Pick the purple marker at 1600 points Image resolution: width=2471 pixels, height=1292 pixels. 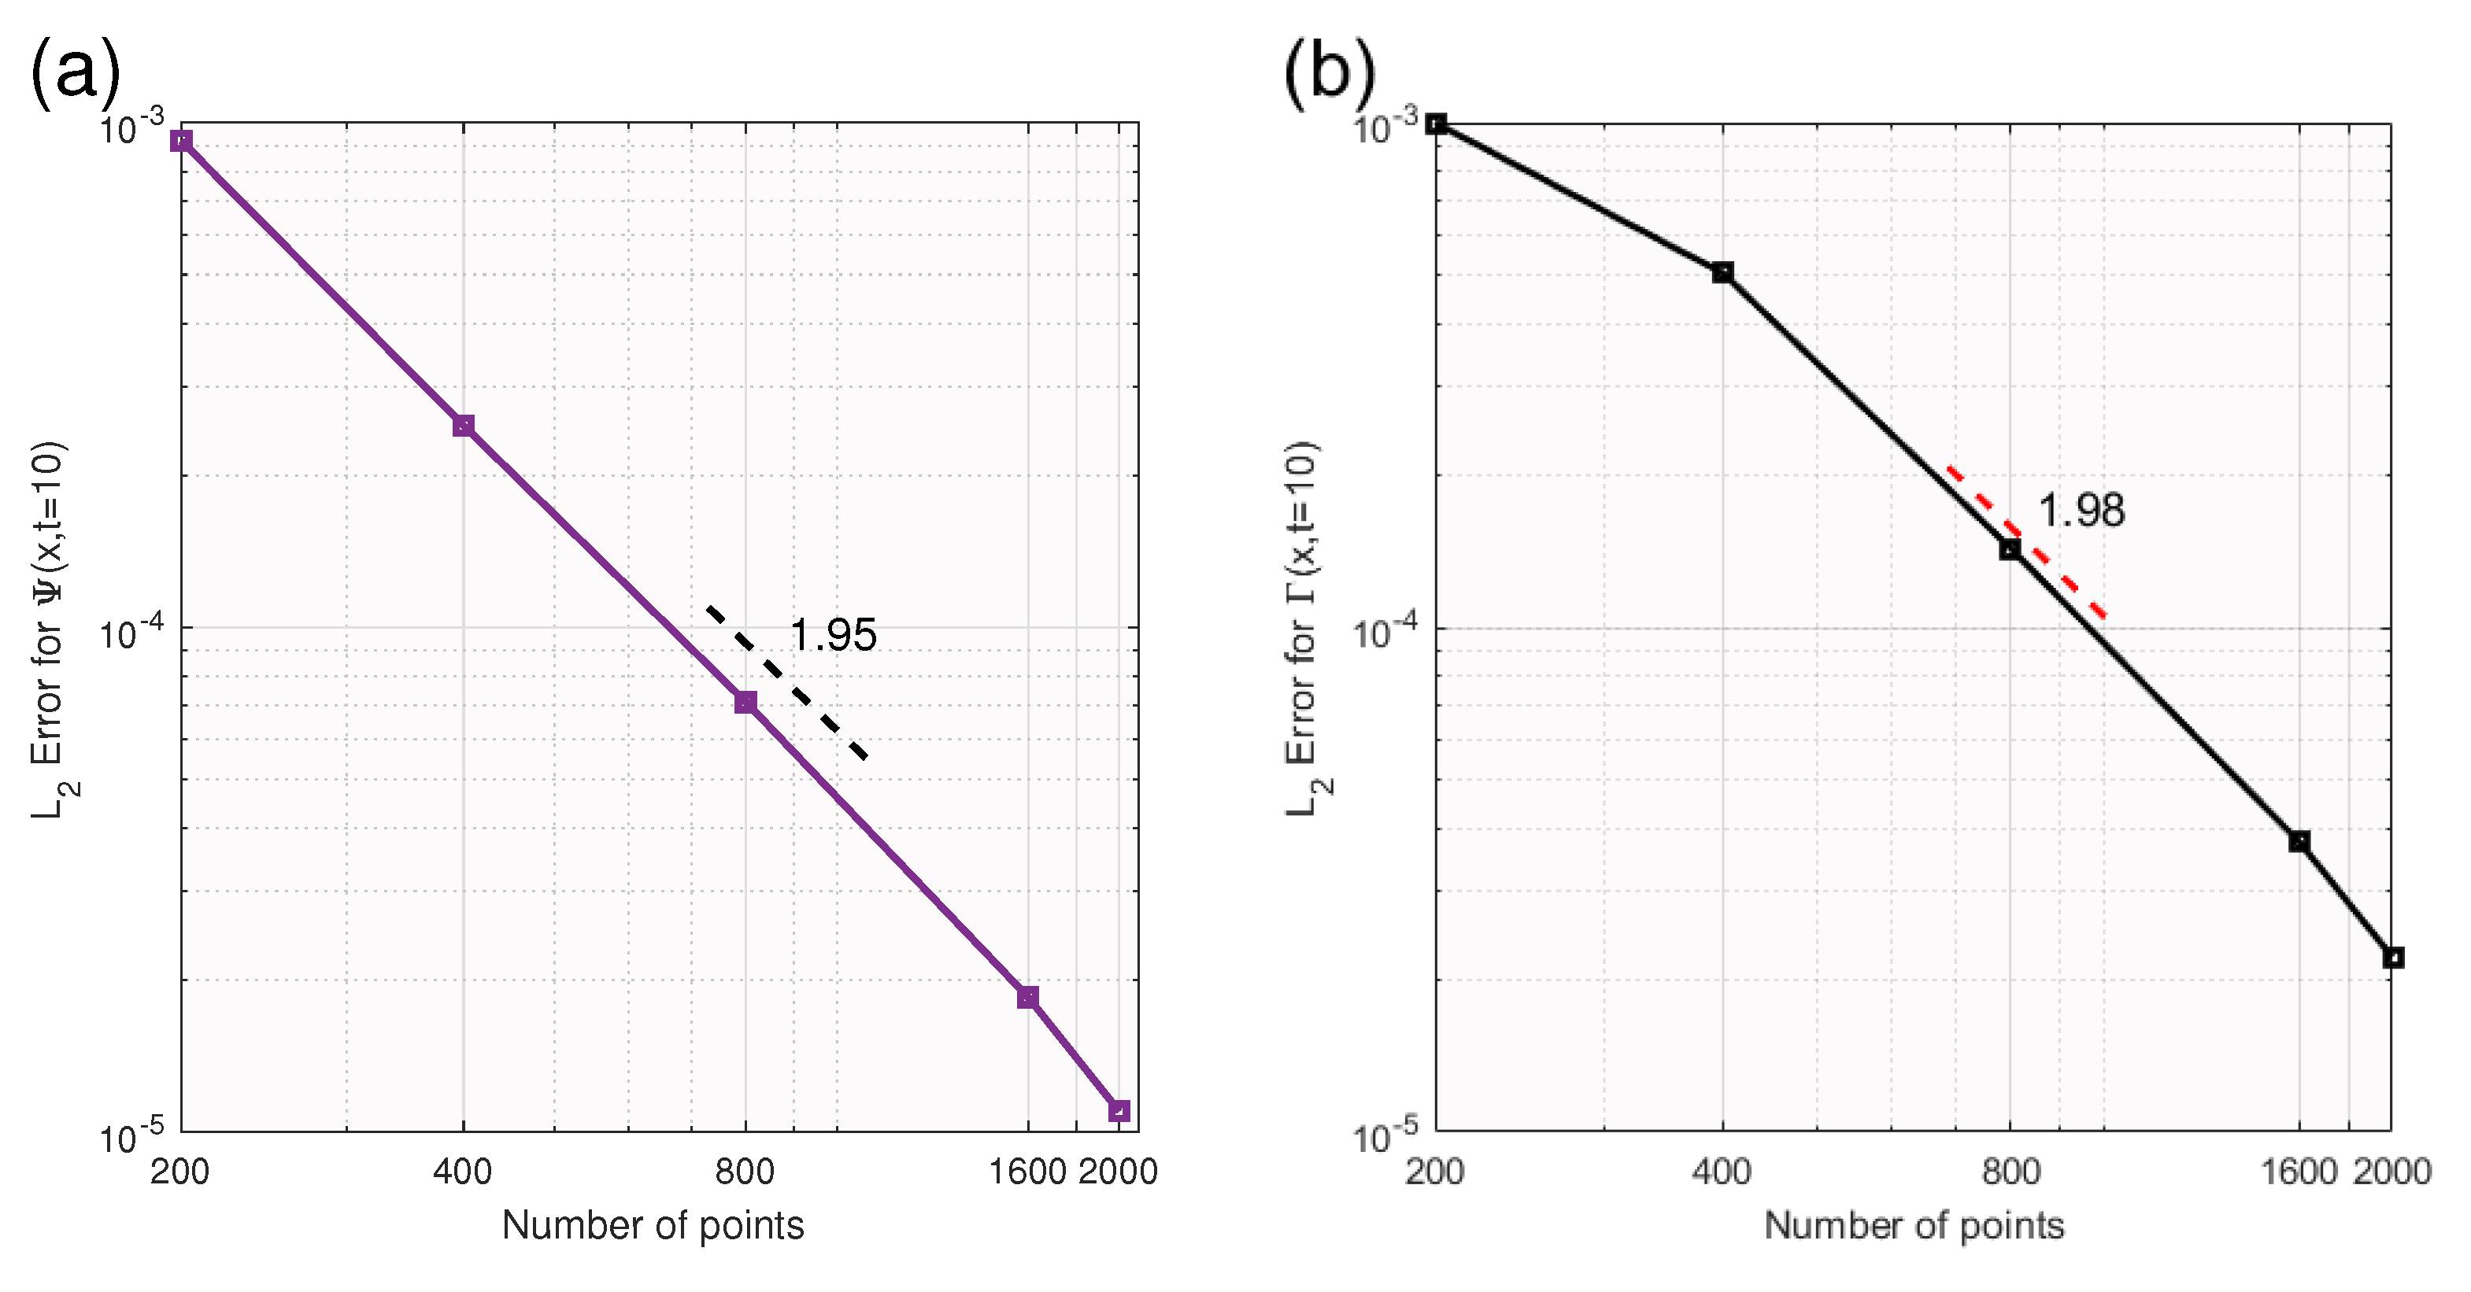click(x=1027, y=998)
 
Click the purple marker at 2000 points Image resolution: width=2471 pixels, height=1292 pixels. click(x=1119, y=1111)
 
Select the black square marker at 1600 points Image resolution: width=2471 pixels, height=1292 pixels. click(x=2299, y=842)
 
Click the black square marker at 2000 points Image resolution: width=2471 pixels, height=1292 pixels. click(x=2393, y=958)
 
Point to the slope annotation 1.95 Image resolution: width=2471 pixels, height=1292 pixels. click(x=833, y=635)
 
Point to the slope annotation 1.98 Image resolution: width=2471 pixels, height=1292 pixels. click(x=2081, y=511)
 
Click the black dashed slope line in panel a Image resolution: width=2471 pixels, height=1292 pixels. click(x=787, y=682)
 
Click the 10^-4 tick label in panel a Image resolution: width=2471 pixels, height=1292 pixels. click(x=132, y=631)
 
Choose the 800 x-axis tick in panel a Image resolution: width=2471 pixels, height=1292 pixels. click(x=745, y=1171)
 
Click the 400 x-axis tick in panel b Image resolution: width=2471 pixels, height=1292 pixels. click(x=1722, y=1171)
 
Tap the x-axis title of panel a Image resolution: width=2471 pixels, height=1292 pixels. click(x=653, y=1226)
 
